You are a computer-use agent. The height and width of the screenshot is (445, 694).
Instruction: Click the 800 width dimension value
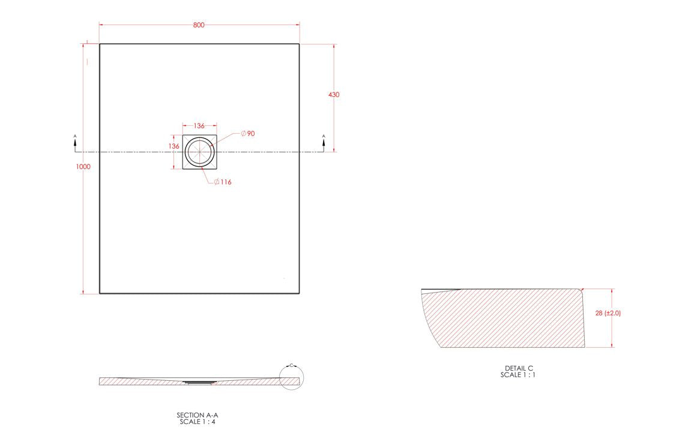pyautogui.click(x=199, y=25)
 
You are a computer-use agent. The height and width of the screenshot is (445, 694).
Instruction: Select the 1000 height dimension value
pyautogui.click(x=83, y=167)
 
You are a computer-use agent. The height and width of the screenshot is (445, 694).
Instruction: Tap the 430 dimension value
pyautogui.click(x=334, y=95)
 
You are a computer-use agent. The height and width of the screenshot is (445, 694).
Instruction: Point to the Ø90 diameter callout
pyautogui.click(x=248, y=133)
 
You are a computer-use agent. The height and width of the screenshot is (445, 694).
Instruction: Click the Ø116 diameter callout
pyautogui.click(x=223, y=182)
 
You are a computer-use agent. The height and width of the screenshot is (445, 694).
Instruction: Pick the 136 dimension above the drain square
pyautogui.click(x=199, y=126)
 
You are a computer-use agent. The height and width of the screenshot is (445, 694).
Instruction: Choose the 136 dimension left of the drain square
pyautogui.click(x=173, y=146)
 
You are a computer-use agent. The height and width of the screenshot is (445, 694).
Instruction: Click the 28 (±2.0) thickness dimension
pyautogui.click(x=608, y=313)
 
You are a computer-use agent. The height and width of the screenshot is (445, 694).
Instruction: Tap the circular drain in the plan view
pyautogui.click(x=199, y=151)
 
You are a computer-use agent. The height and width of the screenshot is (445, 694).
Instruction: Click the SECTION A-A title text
pyautogui.click(x=193, y=415)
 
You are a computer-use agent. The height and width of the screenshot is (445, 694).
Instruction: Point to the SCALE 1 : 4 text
pyautogui.click(x=193, y=422)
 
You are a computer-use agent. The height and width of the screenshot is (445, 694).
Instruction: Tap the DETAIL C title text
pyautogui.click(x=519, y=368)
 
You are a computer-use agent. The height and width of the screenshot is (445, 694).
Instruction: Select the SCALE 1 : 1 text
pyautogui.click(x=519, y=375)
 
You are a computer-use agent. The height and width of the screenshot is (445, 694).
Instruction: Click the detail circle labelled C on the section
pyautogui.click(x=292, y=377)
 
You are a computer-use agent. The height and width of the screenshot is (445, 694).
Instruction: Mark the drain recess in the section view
pyautogui.click(x=198, y=381)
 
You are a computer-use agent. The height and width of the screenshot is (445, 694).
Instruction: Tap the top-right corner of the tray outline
pyautogui.click(x=299, y=44)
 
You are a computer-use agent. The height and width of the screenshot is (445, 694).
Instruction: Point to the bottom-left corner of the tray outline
pyautogui.click(x=100, y=293)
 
